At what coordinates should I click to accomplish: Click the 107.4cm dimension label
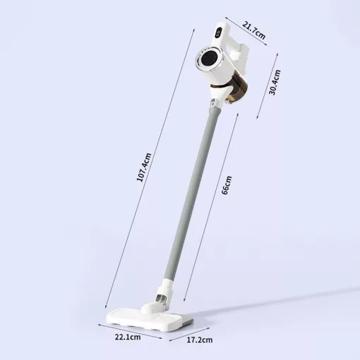click(144, 167)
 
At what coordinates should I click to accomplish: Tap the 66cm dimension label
click(227, 185)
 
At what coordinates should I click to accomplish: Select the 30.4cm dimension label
click(275, 83)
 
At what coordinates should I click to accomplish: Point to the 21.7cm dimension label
click(254, 30)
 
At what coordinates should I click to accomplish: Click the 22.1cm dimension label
click(128, 337)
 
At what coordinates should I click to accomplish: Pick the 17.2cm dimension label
click(200, 340)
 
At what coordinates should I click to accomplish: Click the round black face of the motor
click(209, 59)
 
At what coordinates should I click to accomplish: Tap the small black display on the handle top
click(218, 33)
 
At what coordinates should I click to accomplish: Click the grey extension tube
click(193, 193)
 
